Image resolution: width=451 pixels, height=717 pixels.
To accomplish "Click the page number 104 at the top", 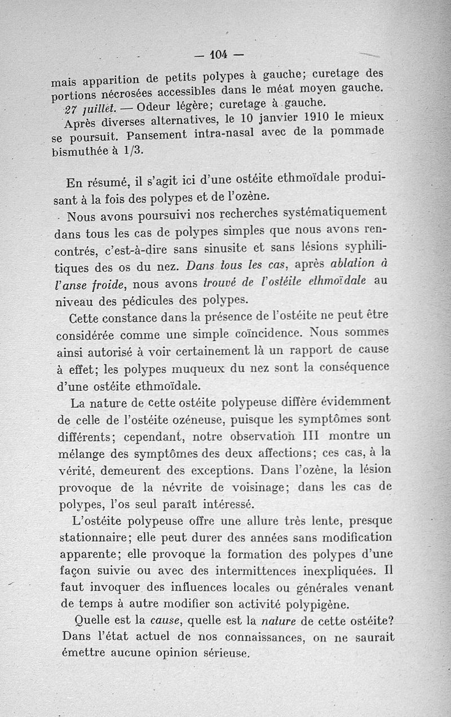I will pos(218,55).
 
